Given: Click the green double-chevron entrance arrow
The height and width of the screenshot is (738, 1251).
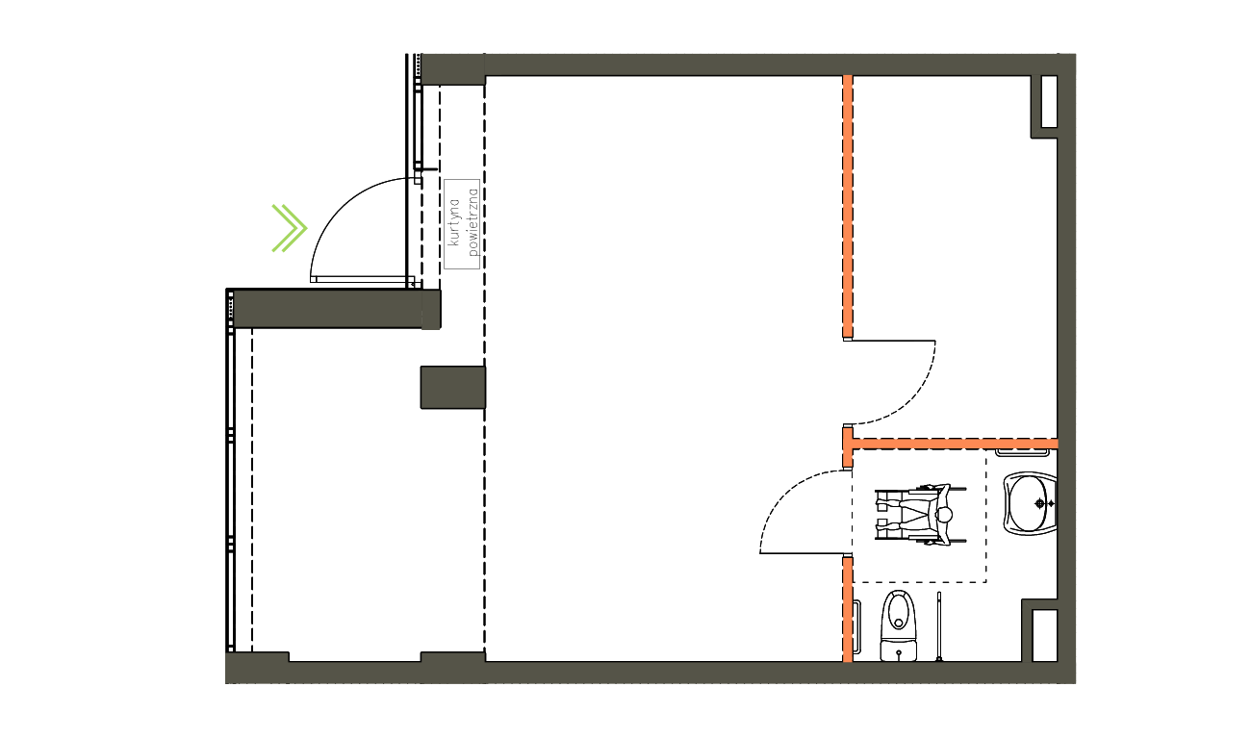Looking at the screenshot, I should [289, 228].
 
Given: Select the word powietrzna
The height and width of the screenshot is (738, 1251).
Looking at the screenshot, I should [472, 222].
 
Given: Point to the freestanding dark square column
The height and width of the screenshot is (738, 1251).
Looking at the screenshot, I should [452, 387].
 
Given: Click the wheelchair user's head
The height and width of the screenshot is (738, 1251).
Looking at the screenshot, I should [945, 516].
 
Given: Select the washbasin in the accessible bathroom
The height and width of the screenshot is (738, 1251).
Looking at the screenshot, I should [1030, 502].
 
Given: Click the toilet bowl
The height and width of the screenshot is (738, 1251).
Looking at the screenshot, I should [899, 612].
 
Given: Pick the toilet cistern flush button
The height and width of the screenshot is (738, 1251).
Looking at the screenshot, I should [899, 652].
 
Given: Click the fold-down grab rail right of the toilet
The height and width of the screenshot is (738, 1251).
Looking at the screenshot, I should [938, 628].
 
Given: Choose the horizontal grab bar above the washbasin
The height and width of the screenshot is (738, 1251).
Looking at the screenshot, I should [1021, 452].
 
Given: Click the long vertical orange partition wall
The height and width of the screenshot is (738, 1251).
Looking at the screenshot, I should [848, 207].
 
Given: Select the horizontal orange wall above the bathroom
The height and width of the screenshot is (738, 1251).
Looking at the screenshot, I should [953, 444].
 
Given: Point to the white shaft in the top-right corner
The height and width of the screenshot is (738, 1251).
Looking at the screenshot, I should [1044, 103].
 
